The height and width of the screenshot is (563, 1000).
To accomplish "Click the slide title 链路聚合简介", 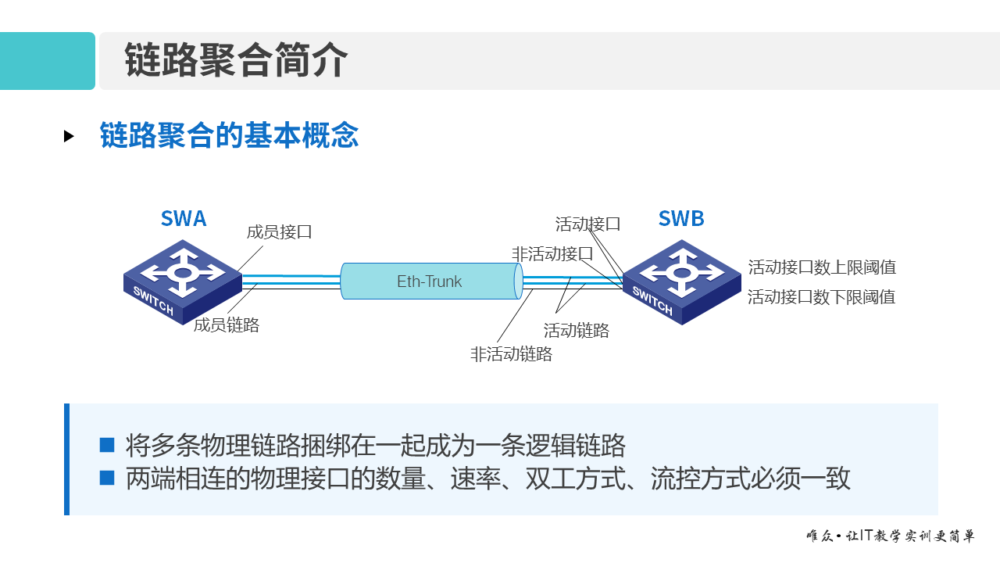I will tap(236, 61).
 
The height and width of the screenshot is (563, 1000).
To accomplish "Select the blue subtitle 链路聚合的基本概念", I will tap(229, 135).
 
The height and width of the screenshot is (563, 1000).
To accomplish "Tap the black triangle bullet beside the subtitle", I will tap(69, 136).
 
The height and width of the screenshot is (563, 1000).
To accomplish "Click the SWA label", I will tap(184, 218).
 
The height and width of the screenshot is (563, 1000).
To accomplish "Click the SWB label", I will tap(681, 218).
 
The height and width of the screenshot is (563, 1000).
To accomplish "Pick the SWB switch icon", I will tap(682, 281).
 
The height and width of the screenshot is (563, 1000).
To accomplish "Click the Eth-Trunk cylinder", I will tap(430, 281).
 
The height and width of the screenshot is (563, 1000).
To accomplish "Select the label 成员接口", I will tap(279, 231).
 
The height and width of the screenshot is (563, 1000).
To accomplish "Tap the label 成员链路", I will tap(227, 325).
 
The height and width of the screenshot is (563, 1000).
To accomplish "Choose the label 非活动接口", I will tap(552, 254).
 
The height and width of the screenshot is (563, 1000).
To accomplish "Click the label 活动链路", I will tap(577, 331).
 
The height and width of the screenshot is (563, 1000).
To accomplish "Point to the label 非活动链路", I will tap(511, 354).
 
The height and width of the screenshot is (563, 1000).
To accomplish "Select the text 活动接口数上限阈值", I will tap(822, 267).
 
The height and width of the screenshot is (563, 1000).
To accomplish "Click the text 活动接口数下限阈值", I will tap(821, 297).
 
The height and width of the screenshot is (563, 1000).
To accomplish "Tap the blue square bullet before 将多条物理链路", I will tap(107, 445).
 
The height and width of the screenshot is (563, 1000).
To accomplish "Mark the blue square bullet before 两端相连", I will tap(107, 478).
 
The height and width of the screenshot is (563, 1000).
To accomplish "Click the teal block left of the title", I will tap(47, 61).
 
